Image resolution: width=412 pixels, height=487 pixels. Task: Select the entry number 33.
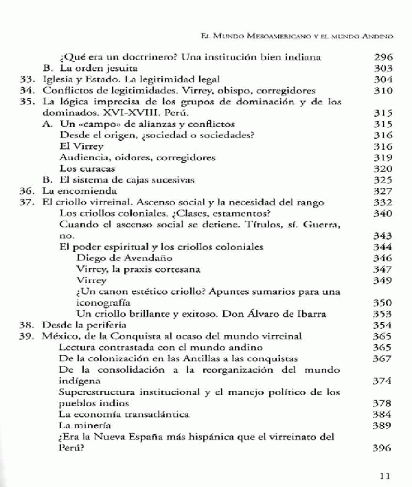[x=27, y=80]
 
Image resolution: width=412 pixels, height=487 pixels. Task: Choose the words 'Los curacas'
[x=87, y=168]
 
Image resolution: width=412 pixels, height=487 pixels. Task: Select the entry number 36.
[x=27, y=190]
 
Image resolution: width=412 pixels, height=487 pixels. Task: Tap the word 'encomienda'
[x=85, y=190]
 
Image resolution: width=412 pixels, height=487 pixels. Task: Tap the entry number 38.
[x=27, y=324]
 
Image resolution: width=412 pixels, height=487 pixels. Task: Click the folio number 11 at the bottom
[x=385, y=474]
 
